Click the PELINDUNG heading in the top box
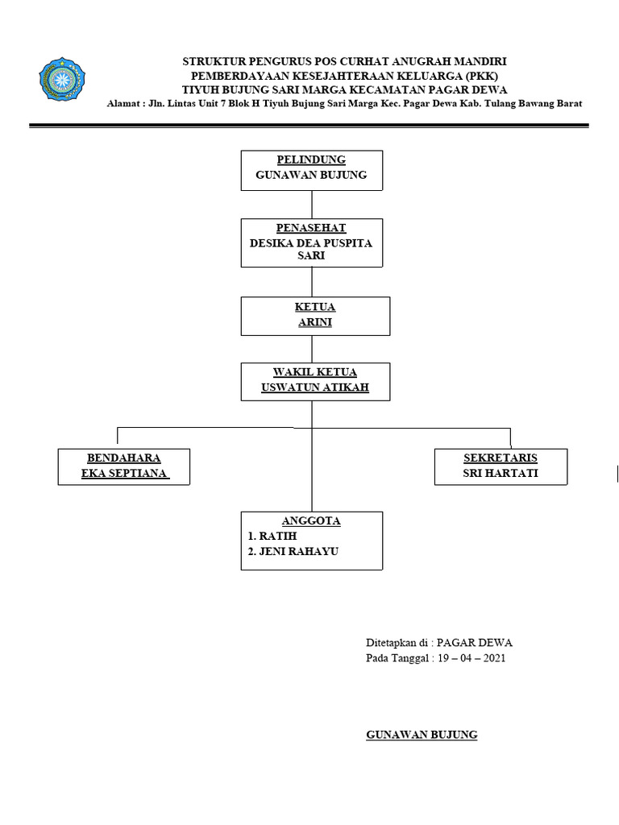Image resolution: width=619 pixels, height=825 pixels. coord(311,160)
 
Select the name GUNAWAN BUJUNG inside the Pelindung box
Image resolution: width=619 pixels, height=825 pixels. coord(311,175)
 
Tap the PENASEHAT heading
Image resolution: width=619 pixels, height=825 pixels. coord(311,228)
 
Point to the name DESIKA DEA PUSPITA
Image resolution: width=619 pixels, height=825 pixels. coord(311,243)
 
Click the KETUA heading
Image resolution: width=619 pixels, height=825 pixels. coord(315,307)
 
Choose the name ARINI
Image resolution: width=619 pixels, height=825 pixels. coord(315,322)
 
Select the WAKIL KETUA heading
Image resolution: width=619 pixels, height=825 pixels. coord(315,371)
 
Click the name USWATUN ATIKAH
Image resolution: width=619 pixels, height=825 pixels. coord(315,388)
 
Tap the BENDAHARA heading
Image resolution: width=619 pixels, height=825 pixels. coord(124,458)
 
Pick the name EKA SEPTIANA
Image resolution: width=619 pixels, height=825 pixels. coord(124,473)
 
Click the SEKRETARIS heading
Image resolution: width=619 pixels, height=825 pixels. coord(501,458)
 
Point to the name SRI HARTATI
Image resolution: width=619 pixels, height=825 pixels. coord(501,473)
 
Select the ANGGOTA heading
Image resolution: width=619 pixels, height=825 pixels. coord(311,520)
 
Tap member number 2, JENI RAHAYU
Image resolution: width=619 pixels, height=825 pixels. coord(293,552)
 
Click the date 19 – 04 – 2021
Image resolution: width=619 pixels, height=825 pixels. coord(472,658)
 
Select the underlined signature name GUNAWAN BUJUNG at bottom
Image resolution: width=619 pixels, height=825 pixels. coord(422,735)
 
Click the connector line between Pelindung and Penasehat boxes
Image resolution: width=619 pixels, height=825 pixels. coord(311,204)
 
